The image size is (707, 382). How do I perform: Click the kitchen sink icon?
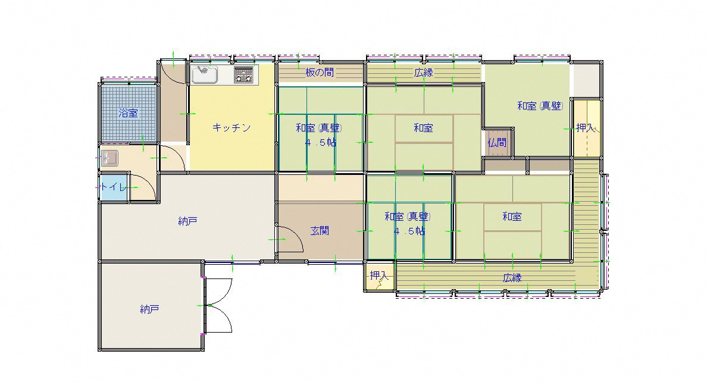204,74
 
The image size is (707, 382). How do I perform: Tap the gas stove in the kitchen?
243,74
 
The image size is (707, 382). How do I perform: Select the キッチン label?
232,128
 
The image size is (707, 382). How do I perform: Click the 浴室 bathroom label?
129,112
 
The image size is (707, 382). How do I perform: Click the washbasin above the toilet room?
109,158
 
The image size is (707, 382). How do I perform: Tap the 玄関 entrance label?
320,231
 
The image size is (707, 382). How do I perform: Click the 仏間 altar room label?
497,143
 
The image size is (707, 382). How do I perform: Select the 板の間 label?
320,72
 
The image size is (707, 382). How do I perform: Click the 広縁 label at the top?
423,72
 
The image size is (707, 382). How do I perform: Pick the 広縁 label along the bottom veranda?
512,278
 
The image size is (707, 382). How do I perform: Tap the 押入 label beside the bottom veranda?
379,275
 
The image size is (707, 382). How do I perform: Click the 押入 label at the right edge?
585,128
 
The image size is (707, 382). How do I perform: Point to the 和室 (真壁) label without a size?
540,106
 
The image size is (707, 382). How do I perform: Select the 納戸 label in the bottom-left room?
149,309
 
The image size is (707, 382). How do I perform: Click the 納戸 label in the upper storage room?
187,221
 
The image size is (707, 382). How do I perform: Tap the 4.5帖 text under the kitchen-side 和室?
320,143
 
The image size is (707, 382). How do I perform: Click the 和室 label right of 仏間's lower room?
512,217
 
